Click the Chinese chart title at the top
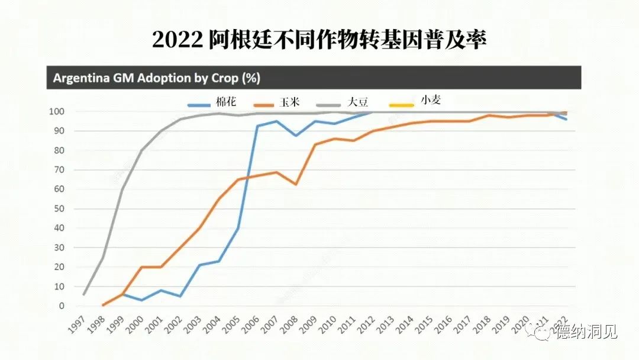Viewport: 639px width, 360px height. [319, 39]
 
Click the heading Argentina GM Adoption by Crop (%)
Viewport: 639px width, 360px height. [157, 78]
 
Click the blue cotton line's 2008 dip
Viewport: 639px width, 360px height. [295, 136]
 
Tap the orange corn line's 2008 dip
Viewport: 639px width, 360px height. [295, 184]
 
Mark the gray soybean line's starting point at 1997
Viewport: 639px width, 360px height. [84, 294]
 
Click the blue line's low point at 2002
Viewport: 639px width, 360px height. [180, 296]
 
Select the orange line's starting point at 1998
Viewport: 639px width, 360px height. [103, 305]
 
